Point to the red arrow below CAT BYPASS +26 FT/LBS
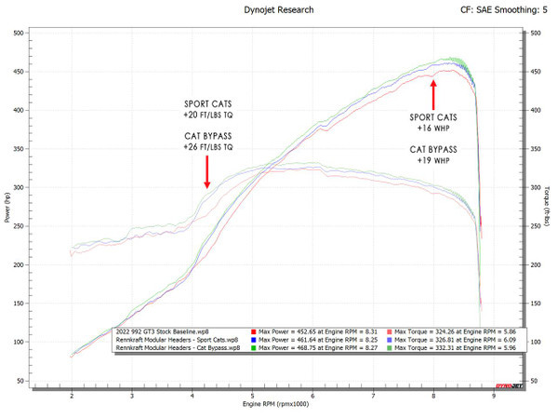[207, 172]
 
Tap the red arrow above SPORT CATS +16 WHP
[432, 94]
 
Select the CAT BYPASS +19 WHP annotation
[431, 155]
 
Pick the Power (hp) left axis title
[8, 207]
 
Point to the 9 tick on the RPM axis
[494, 396]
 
